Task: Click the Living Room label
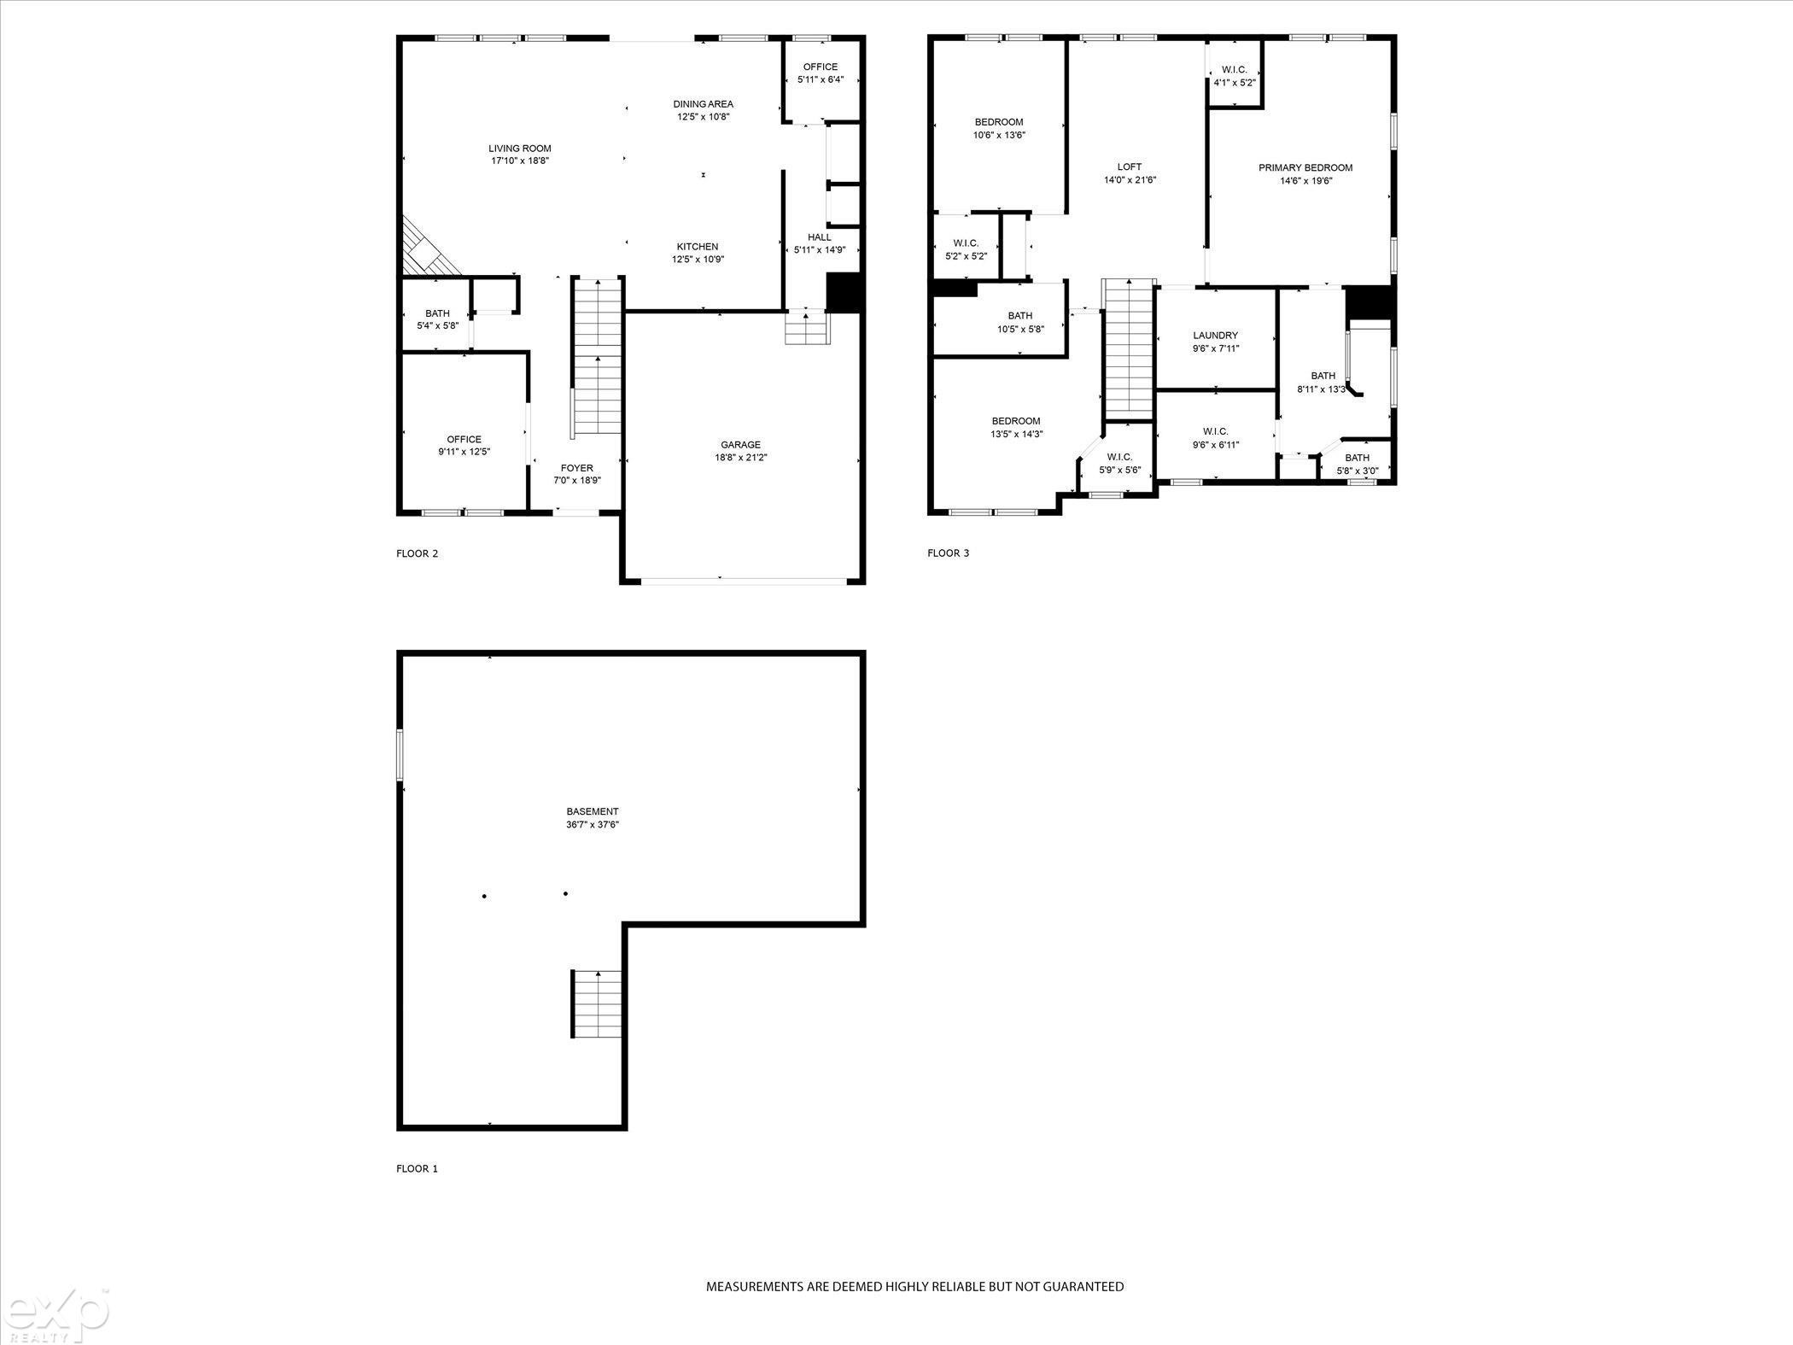coord(520,149)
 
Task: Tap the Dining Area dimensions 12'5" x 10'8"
coord(704,117)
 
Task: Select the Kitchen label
coord(698,247)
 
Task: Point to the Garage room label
coord(740,445)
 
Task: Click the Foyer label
coord(577,468)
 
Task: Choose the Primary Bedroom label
coord(1305,167)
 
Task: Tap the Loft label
coord(1130,167)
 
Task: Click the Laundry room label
coord(1216,336)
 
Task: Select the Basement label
coord(593,811)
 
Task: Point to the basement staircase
coord(597,1003)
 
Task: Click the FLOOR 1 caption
coord(418,1168)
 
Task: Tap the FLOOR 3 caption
coord(949,553)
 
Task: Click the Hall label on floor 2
coord(820,237)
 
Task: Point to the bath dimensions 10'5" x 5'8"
coord(1020,330)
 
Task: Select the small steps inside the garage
coord(808,328)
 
